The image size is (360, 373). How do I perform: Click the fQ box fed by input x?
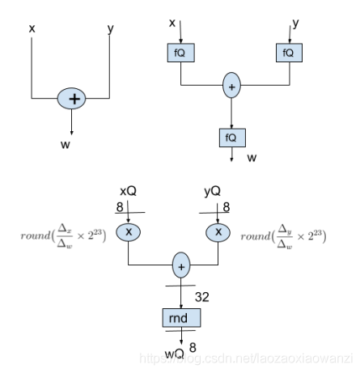[x=180, y=53]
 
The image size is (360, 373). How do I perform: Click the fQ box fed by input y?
[x=288, y=53]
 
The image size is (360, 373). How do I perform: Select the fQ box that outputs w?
[x=231, y=137]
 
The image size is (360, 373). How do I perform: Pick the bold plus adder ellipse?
[x=74, y=98]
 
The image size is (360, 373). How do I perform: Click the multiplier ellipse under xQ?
[x=128, y=231]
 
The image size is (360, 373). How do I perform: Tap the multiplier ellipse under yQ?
[x=218, y=231]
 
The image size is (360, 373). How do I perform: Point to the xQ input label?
[x=128, y=190]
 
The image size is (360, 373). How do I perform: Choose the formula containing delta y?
[x=283, y=235]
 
